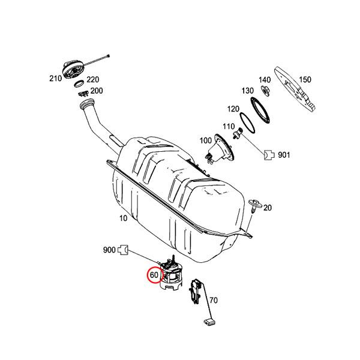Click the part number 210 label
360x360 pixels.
tap(55, 79)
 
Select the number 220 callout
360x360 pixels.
tap(92, 79)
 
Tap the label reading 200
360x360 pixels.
tap(96, 91)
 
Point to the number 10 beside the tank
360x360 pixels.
tap(123, 218)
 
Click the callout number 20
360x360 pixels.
tap(268, 208)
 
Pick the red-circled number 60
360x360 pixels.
tap(154, 275)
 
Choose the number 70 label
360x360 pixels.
tap(213, 301)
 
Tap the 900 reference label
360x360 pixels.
tap(109, 249)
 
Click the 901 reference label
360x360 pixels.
tap(284, 155)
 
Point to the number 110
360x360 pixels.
tap(228, 127)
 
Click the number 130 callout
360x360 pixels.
tap(247, 91)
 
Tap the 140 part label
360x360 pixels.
tap(264, 80)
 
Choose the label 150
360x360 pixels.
tap(305, 80)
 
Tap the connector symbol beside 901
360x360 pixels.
tap(269, 154)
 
